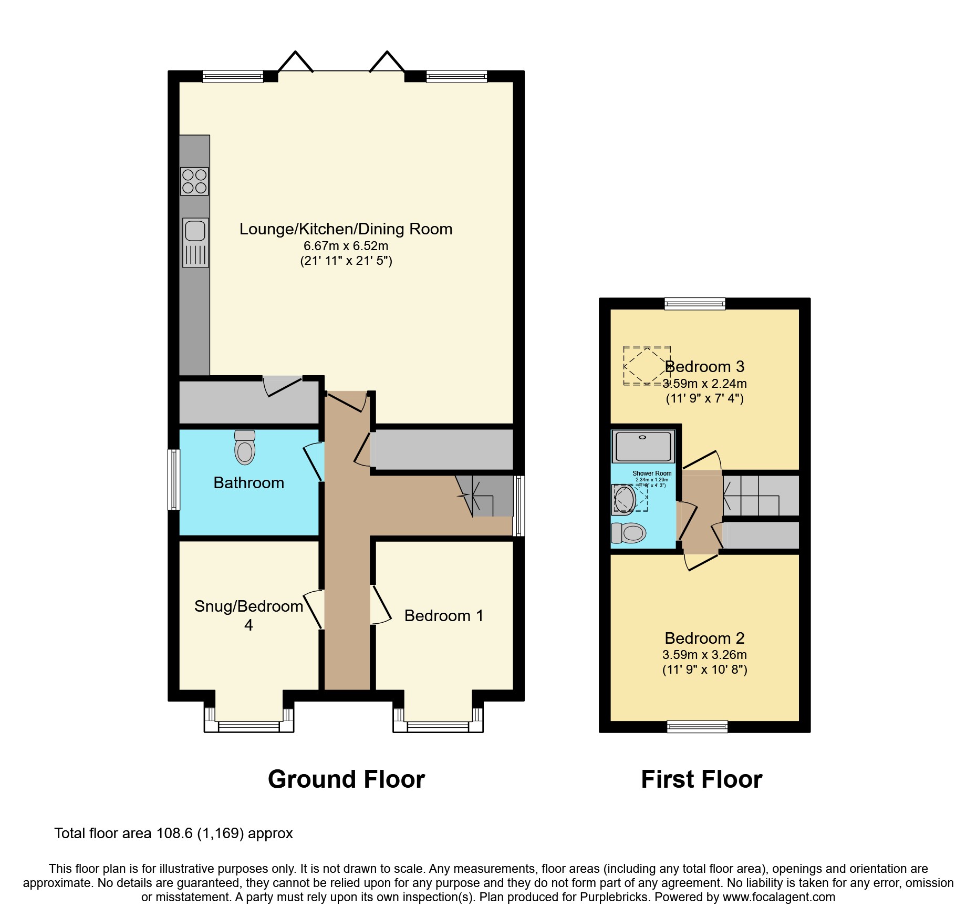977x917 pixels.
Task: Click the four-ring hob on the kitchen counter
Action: pyautogui.click(x=194, y=181)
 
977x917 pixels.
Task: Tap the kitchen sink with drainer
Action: pyautogui.click(x=195, y=242)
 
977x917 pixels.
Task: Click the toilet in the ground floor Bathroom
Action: pyautogui.click(x=245, y=448)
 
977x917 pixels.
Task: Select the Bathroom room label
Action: pyautogui.click(x=248, y=483)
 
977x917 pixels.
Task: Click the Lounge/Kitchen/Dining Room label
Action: pyautogui.click(x=346, y=229)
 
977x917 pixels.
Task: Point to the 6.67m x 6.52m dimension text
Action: pyautogui.click(x=346, y=246)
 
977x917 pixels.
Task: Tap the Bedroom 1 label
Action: pyautogui.click(x=443, y=616)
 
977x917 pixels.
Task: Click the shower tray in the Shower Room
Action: pyautogui.click(x=643, y=446)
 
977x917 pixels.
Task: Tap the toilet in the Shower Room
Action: pyautogui.click(x=629, y=533)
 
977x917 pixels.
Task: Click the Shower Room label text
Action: pyautogui.click(x=651, y=473)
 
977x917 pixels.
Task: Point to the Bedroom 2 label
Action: pyautogui.click(x=704, y=638)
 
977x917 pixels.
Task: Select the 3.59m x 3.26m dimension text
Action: pyautogui.click(x=704, y=655)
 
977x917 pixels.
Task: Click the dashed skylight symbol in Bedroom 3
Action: pyautogui.click(x=647, y=366)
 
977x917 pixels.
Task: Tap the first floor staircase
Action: pyautogui.click(x=760, y=496)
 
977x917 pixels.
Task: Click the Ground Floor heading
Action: pyautogui.click(x=346, y=779)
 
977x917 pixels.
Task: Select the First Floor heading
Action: pyautogui.click(x=701, y=779)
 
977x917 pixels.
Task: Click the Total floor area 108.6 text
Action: pyautogui.click(x=173, y=833)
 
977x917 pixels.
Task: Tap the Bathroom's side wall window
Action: pyautogui.click(x=173, y=479)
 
